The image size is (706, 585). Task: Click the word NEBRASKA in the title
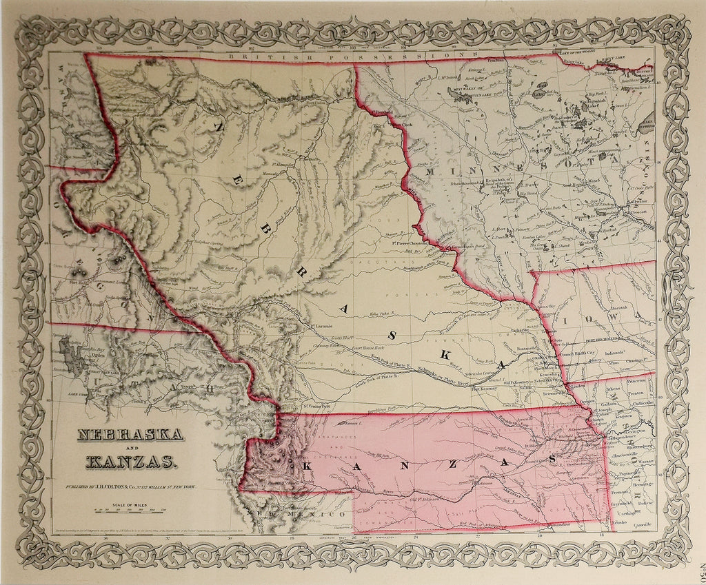(129, 435)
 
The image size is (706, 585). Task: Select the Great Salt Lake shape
(69, 352)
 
